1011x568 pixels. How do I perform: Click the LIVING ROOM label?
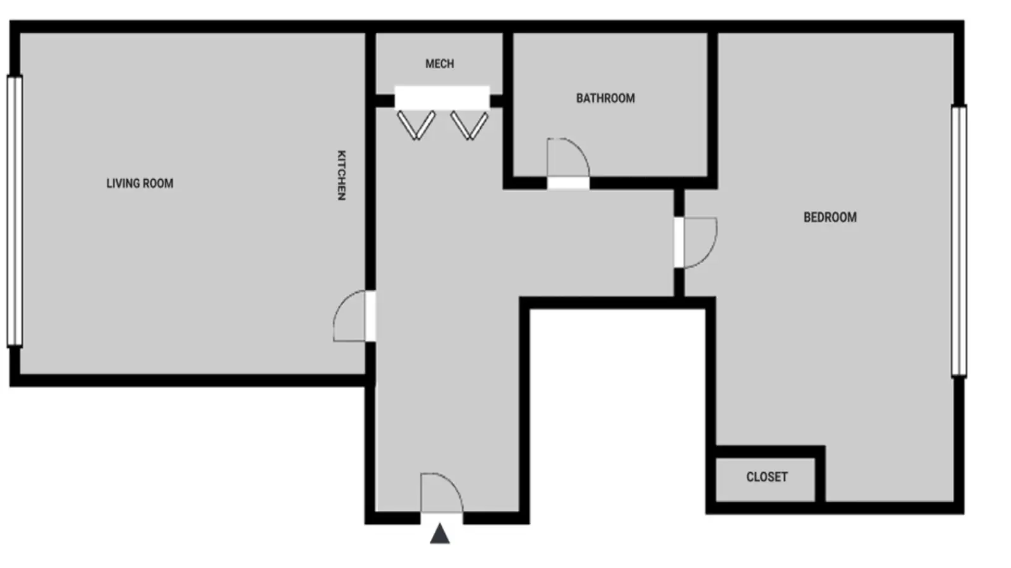coord(140,184)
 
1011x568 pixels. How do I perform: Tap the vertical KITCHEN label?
coord(342,175)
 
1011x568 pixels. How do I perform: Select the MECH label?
coord(440,64)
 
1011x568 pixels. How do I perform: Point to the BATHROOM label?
coord(606,98)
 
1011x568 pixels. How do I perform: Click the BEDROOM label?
coord(830,217)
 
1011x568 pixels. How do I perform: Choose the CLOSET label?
coord(767,477)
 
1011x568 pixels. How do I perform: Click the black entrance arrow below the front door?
coord(440,533)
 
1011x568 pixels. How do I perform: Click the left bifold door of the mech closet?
coord(416,126)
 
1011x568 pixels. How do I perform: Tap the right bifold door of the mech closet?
coord(469,126)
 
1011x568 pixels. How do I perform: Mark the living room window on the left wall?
coord(15,211)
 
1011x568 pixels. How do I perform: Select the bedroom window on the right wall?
coord(959,241)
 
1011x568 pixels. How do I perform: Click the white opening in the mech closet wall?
coord(442,97)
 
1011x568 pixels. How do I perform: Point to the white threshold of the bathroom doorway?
coord(568,184)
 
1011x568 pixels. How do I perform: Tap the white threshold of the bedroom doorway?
coord(679,243)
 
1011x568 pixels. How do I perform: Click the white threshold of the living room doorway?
coord(370,316)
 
